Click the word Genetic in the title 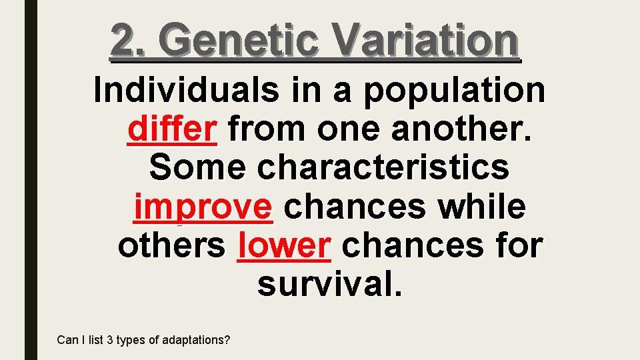239,40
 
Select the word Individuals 187,90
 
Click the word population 453,90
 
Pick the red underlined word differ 172,129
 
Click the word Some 197,167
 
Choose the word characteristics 383,167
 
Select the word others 172,245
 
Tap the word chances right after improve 355,207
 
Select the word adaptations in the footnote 196,340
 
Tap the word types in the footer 131,340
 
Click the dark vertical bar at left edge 31,180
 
